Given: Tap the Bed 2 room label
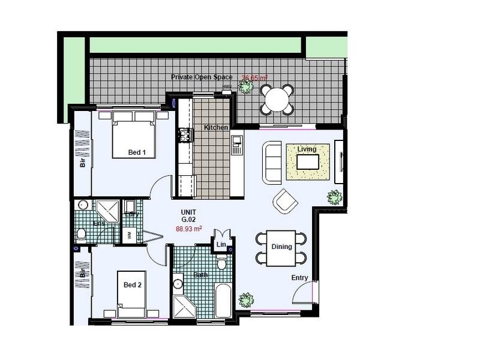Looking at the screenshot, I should click(133, 285).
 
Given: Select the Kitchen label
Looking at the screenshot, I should click(216, 128).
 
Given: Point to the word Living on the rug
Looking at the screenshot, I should click(307, 149).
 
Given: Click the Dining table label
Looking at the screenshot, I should click(281, 247).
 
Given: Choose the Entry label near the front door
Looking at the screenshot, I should click(300, 278).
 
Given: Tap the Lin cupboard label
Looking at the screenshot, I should click(220, 245).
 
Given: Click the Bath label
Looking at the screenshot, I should click(200, 275).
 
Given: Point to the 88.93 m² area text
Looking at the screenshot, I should click(188, 229).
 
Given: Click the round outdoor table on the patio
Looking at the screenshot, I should click(277, 100).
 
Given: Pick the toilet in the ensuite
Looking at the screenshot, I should click(82, 235).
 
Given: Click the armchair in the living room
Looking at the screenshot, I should click(285, 201).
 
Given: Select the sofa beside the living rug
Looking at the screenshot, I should click(272, 163).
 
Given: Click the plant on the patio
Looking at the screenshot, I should click(245, 87).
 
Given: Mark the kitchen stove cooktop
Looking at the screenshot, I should click(184, 136).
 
